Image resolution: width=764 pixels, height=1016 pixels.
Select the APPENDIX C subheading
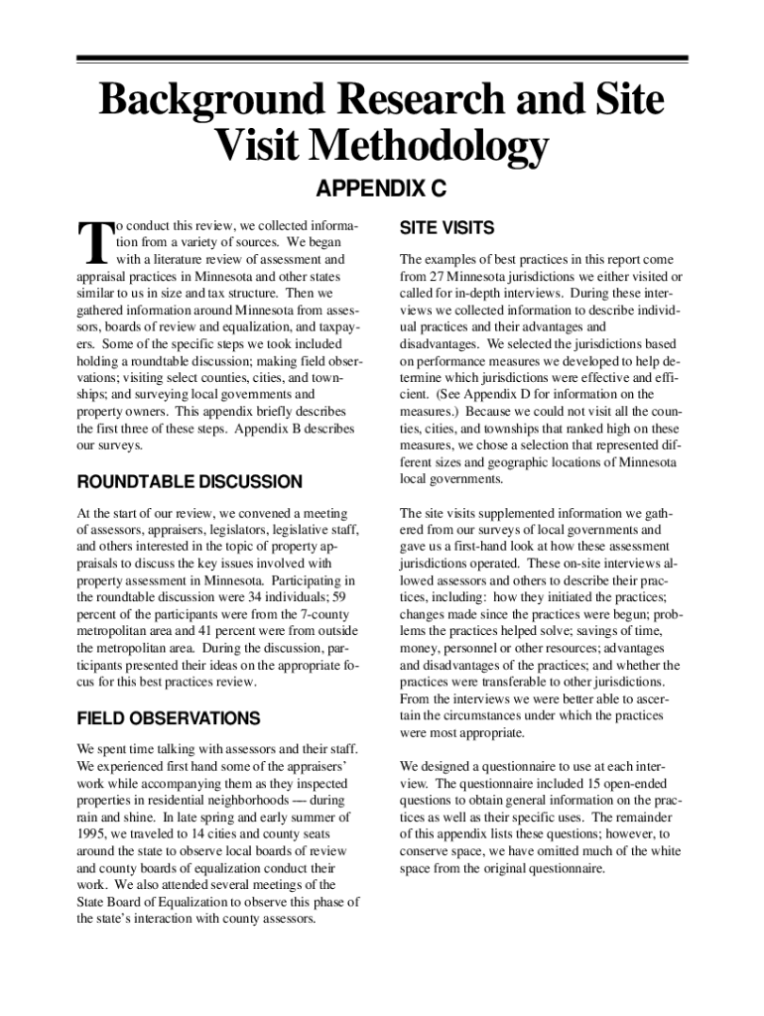point(380,189)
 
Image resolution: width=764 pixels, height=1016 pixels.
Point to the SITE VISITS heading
point(446,228)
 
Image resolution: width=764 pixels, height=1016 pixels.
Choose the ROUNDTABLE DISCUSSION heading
point(189,482)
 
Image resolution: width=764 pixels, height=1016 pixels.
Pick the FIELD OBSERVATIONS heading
point(168,718)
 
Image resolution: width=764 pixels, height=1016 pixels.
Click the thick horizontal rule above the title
point(382,59)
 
